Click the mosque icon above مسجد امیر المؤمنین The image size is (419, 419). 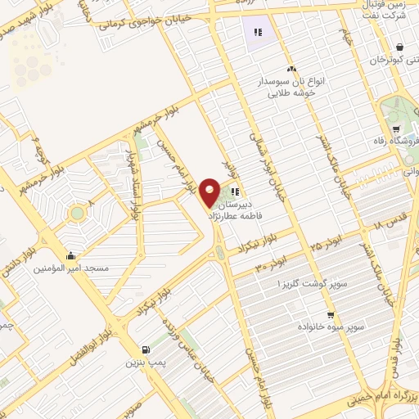click(73, 255)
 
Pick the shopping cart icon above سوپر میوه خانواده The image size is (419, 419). click(330, 315)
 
